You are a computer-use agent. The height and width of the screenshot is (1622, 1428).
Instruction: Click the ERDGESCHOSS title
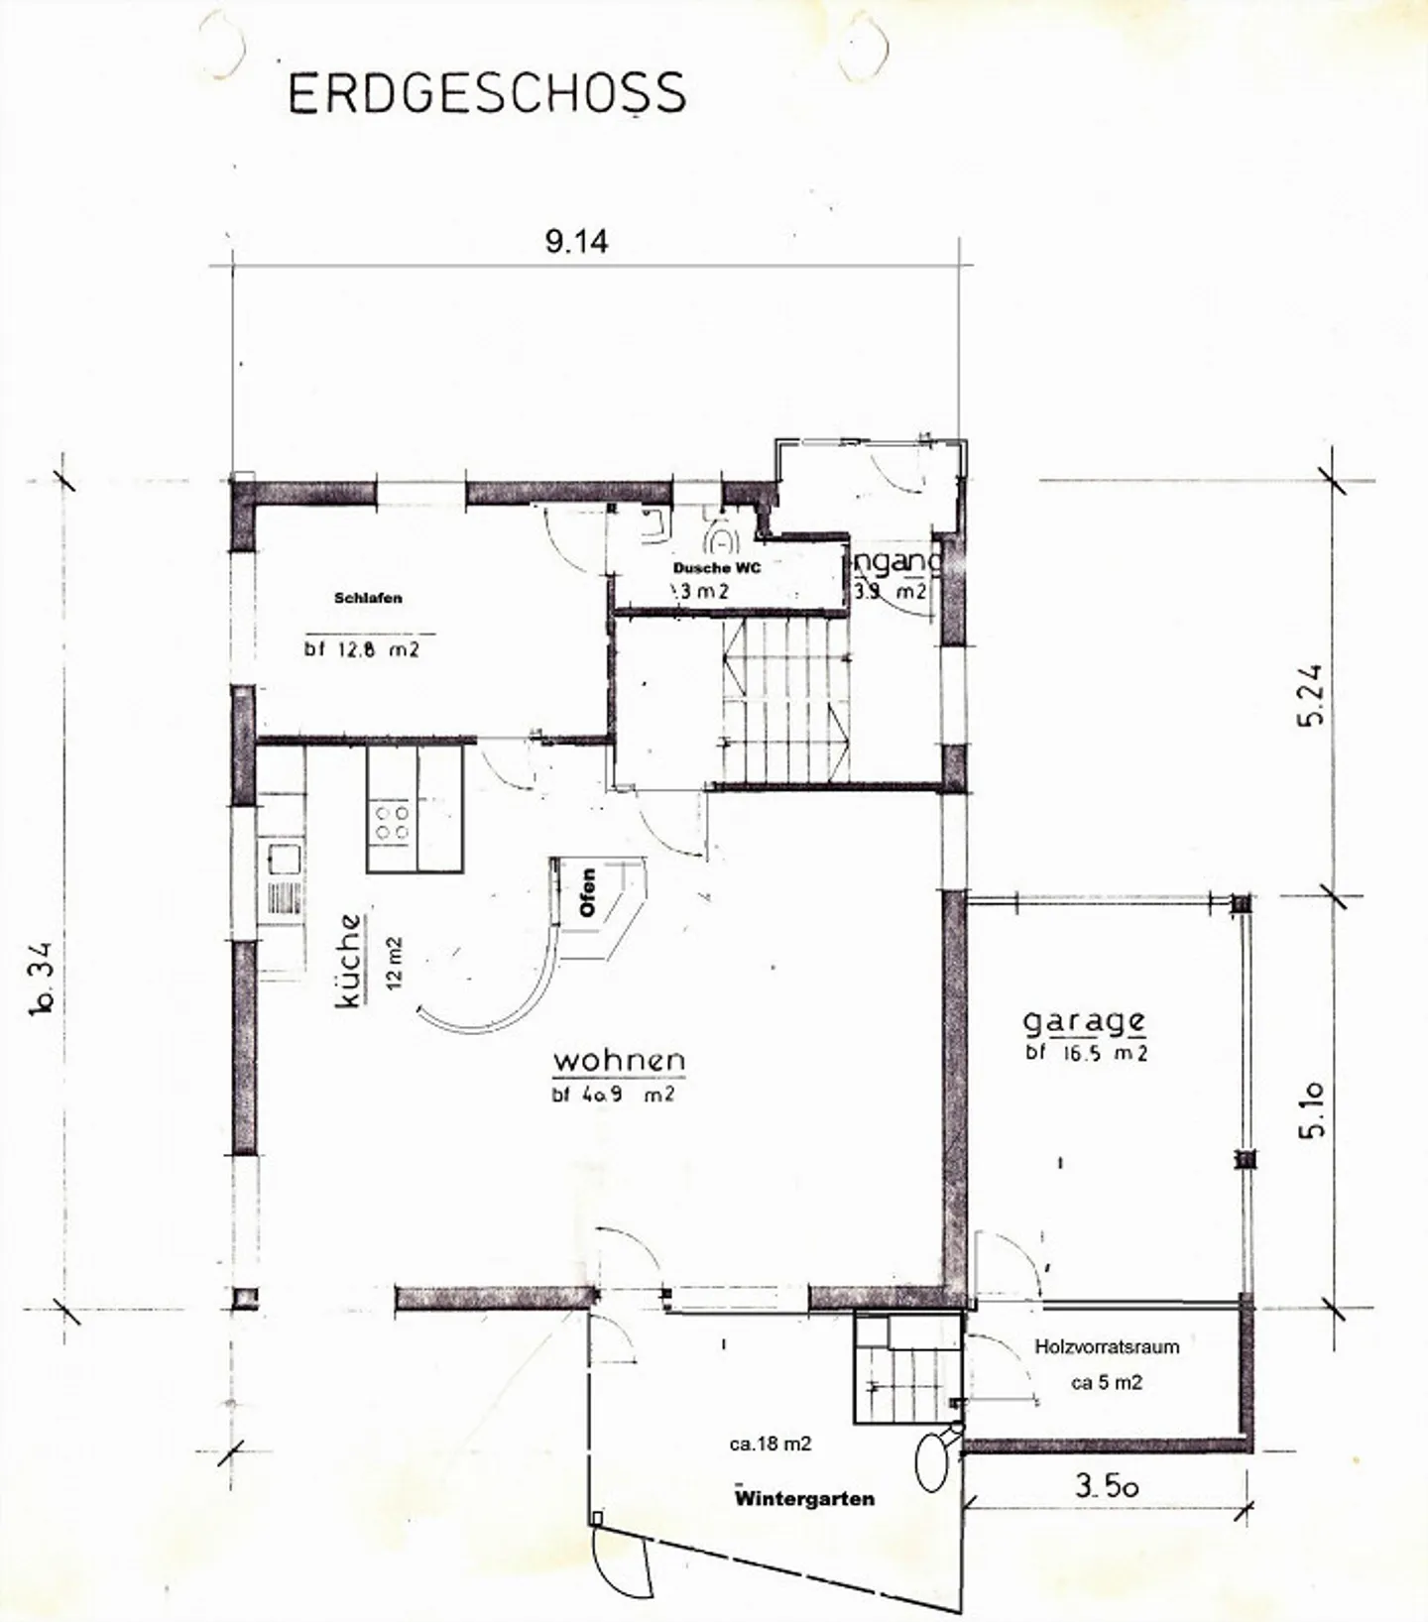click(486, 93)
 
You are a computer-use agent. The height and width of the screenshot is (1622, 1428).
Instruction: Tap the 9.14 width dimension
click(576, 241)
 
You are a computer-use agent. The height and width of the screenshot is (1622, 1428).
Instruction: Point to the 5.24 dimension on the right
click(1311, 694)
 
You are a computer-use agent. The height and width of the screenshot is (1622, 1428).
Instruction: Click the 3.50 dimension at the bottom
click(1107, 1485)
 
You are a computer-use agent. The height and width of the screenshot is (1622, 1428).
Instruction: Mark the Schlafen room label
click(368, 598)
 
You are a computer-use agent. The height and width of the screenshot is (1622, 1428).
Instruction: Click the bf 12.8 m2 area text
click(362, 650)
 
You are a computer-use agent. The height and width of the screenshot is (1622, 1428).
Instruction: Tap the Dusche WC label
click(717, 568)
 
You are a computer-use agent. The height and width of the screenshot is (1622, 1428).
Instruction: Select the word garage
click(1084, 1022)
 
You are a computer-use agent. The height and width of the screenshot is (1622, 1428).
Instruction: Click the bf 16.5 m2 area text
click(1087, 1053)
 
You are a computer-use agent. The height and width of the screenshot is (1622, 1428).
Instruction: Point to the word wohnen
click(619, 1060)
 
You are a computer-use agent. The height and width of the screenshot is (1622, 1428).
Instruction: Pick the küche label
click(349, 960)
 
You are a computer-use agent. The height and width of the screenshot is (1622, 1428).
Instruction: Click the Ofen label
click(587, 891)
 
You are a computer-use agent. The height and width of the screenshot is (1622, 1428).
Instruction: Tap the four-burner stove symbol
click(391, 822)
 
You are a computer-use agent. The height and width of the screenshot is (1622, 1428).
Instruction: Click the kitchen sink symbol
click(284, 859)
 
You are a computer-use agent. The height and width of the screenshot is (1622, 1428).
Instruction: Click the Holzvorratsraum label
click(1107, 1346)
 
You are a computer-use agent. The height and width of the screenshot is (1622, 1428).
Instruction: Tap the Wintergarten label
click(804, 1499)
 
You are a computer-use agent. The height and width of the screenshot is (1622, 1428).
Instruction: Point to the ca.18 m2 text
click(771, 1445)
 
